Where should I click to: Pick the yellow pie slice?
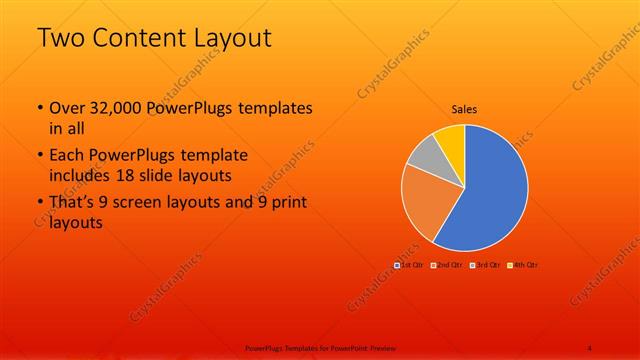pos(451,138)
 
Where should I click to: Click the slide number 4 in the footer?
pos(590,347)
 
